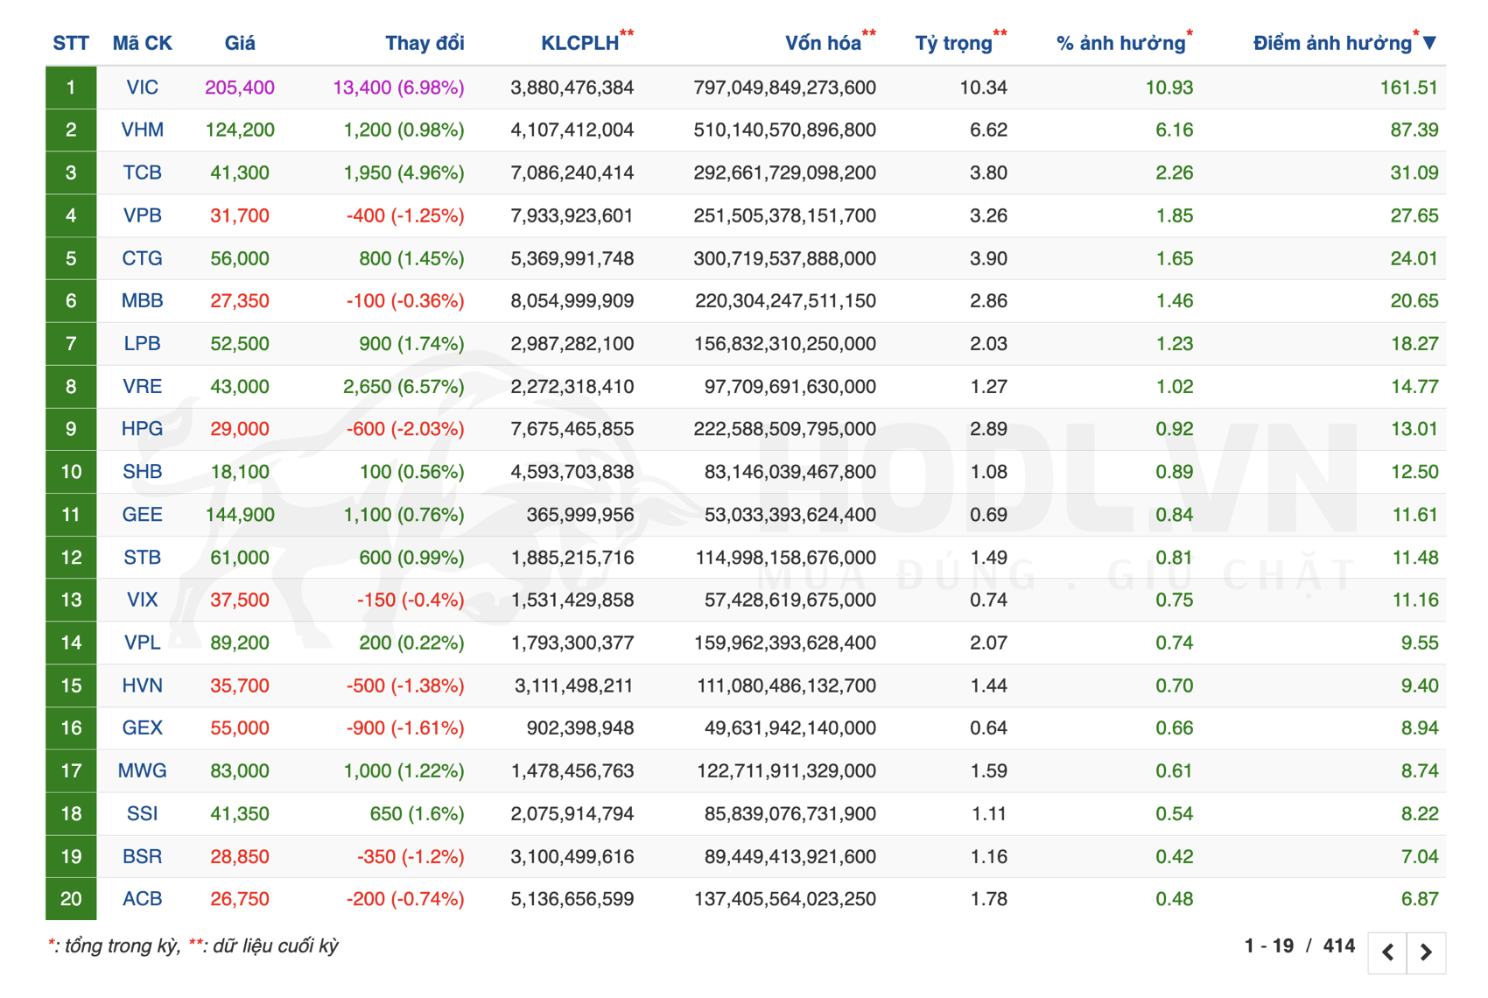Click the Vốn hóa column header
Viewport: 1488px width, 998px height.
822,44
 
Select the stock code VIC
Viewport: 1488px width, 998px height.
142,88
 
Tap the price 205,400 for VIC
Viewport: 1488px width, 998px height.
240,88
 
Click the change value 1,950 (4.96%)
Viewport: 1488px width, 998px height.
404,173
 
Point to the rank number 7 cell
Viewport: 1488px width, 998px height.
71,344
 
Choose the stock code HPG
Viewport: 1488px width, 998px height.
142,429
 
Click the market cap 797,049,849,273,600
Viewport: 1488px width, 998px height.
784,88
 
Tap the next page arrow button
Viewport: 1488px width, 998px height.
1426,952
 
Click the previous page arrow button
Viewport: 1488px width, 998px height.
1388,952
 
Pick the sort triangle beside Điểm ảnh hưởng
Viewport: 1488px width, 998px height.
1429,43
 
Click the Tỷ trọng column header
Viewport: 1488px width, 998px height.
953,44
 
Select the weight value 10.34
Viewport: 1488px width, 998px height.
983,88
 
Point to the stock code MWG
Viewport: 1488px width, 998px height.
142,771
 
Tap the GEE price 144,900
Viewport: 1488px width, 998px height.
240,515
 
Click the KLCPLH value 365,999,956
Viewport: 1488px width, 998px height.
579,515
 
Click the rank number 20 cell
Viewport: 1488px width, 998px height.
71,899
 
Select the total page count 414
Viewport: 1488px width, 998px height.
1338,946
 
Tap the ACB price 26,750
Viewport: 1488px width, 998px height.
240,899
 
